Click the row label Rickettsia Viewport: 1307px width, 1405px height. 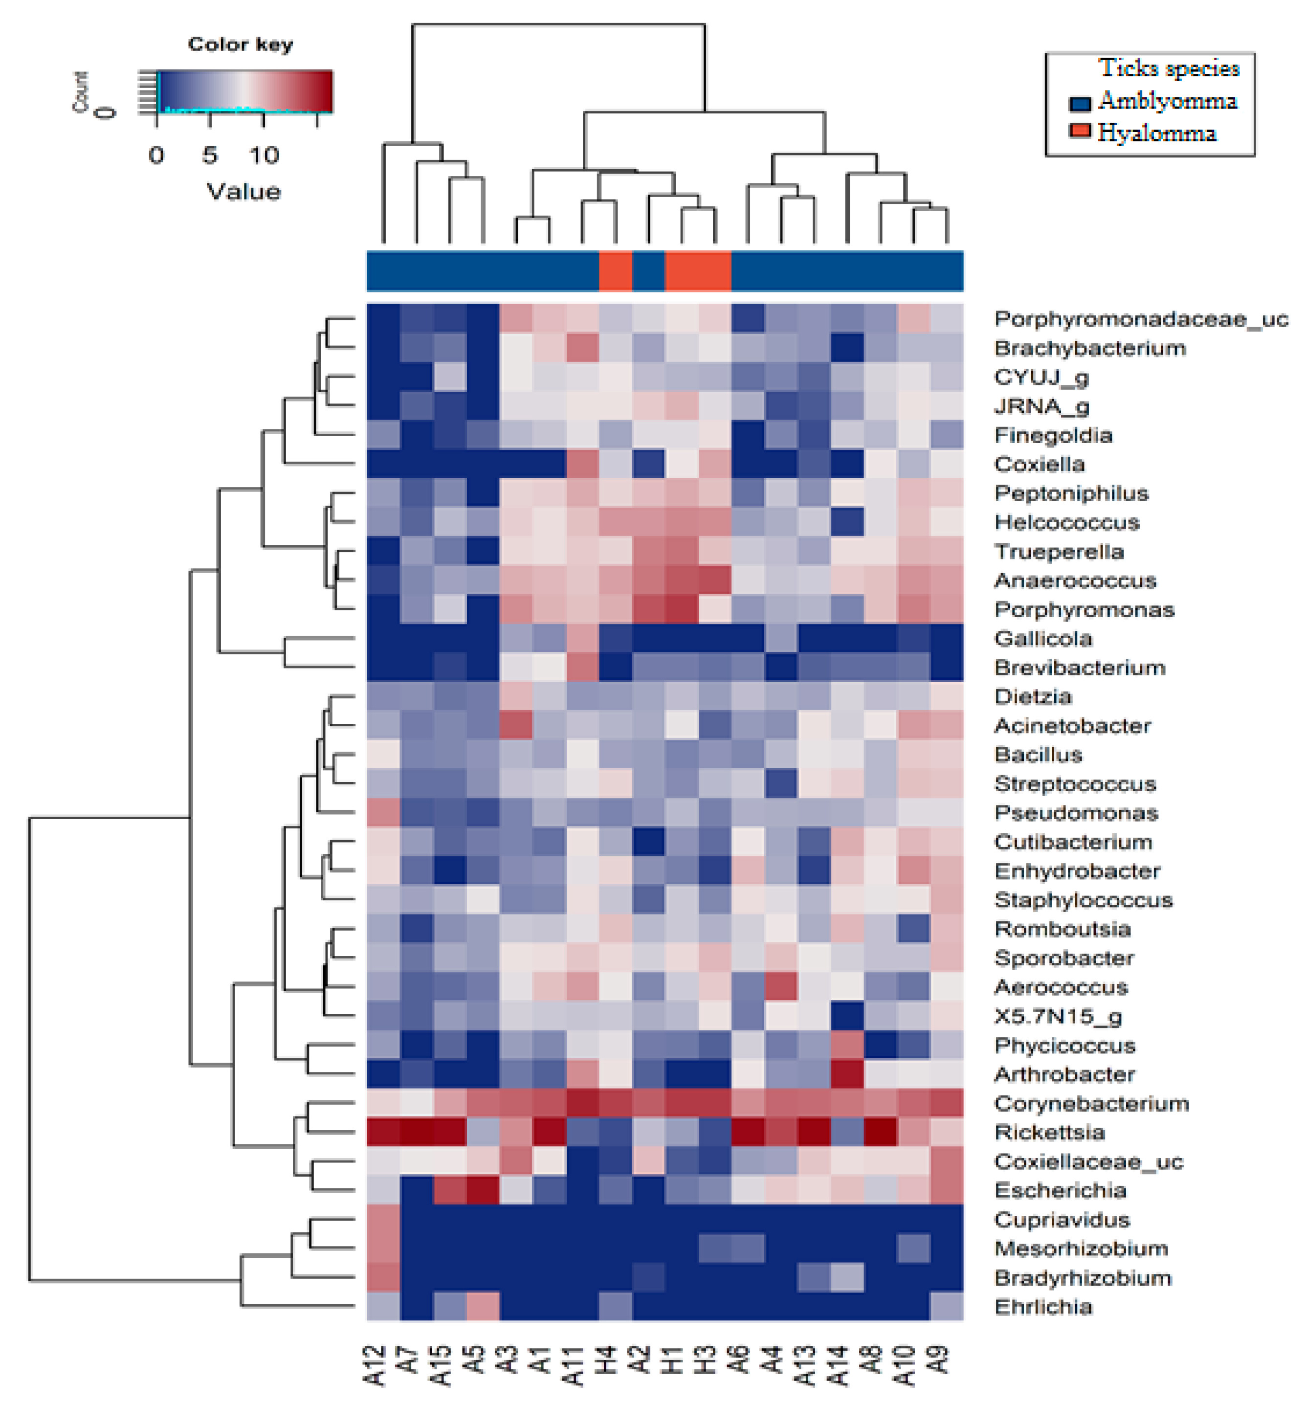click(1048, 1132)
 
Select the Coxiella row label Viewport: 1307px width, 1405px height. click(1039, 464)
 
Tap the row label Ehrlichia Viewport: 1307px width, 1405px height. click(1043, 1307)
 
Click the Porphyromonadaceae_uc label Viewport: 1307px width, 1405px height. click(1140, 319)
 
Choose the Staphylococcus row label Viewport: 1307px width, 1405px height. click(1083, 900)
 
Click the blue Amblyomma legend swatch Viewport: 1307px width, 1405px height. click(1080, 103)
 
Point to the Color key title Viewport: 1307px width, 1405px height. click(240, 45)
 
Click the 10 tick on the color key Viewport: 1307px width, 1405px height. click(264, 155)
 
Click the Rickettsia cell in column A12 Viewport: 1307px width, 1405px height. click(383, 1132)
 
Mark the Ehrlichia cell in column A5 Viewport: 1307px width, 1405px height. click(483, 1307)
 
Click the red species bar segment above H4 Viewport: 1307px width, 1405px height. click(615, 271)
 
